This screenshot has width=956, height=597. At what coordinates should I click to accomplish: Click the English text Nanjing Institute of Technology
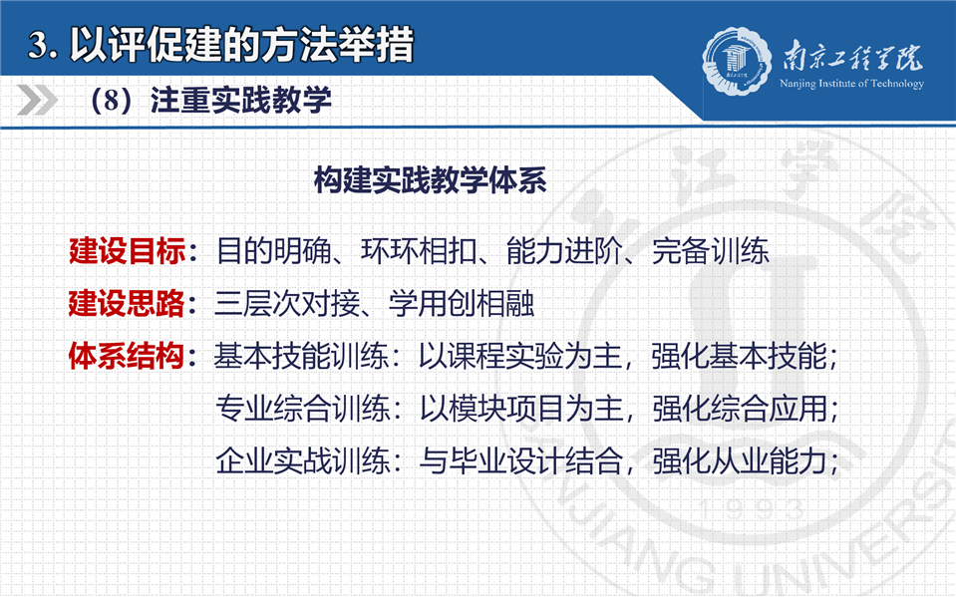pyautogui.click(x=851, y=84)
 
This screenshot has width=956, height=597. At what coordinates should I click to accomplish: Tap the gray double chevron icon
pyautogui.click(x=37, y=101)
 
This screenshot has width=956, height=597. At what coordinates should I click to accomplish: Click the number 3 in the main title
pyautogui.click(x=38, y=45)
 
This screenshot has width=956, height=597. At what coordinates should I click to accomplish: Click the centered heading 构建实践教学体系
pyautogui.click(x=430, y=180)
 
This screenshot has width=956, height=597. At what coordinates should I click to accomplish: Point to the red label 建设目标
pyautogui.click(x=127, y=250)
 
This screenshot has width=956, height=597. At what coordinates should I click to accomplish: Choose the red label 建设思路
pyautogui.click(x=127, y=303)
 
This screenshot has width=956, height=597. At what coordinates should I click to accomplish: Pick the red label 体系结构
pyautogui.click(x=127, y=356)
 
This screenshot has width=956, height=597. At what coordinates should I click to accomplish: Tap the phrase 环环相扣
pyautogui.click(x=419, y=250)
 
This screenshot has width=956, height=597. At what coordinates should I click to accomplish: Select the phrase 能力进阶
pyautogui.click(x=564, y=250)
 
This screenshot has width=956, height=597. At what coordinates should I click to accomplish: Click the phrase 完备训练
pyautogui.click(x=710, y=250)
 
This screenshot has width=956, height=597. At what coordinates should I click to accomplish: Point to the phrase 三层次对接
pyautogui.click(x=287, y=303)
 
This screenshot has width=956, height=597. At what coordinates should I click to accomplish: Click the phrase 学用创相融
pyautogui.click(x=463, y=303)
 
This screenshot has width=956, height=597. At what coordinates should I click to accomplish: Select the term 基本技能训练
pyautogui.click(x=301, y=356)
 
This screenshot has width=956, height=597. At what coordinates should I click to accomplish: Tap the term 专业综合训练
pyautogui.click(x=302, y=408)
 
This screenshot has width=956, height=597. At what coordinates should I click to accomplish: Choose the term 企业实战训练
pyautogui.click(x=302, y=460)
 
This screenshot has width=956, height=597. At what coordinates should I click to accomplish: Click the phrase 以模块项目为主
pyautogui.click(x=521, y=408)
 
